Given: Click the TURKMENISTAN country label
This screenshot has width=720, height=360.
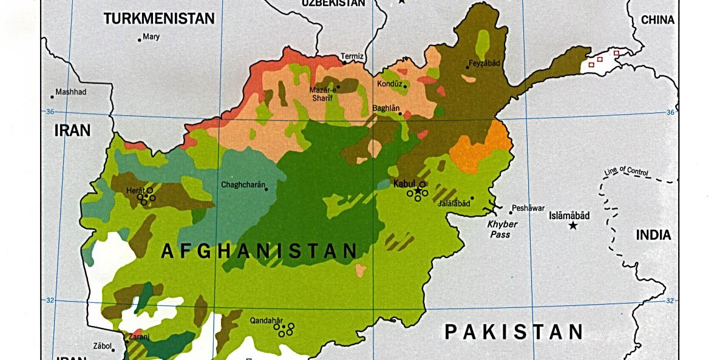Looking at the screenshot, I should [x=159, y=19].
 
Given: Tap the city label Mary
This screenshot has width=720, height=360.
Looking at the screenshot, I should [x=151, y=37].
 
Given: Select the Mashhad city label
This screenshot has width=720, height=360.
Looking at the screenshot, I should [x=71, y=92].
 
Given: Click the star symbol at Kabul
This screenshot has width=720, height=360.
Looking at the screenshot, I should [x=418, y=191].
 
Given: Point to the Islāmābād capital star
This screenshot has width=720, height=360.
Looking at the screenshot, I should [x=572, y=226].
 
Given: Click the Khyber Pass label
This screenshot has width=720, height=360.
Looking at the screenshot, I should [x=503, y=229].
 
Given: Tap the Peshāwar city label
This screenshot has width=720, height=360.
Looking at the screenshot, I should [x=528, y=208].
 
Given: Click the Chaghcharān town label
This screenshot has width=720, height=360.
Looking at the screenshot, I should [x=243, y=185].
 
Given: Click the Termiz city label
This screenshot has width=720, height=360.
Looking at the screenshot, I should [x=352, y=56].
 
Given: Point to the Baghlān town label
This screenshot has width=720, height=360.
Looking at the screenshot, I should [x=386, y=107].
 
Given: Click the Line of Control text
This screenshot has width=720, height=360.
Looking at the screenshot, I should [x=626, y=172].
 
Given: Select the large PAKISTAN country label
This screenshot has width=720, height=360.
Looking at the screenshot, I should [x=514, y=331].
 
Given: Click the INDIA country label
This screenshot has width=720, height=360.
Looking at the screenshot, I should [x=653, y=235].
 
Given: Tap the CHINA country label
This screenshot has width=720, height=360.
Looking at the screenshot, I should [x=657, y=20].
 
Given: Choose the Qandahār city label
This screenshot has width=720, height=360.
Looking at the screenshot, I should [x=267, y=320].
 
